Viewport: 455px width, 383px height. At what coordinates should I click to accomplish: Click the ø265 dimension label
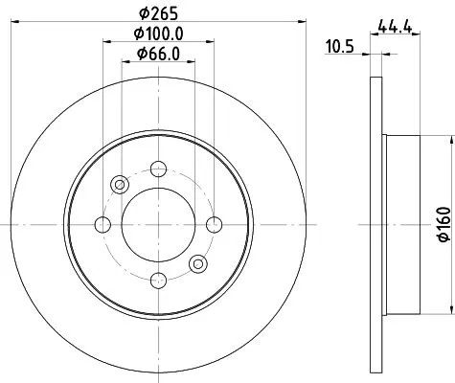point(156,12)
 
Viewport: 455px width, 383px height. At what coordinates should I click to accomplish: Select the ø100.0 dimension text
point(156,34)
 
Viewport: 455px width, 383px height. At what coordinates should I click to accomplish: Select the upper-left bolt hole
point(120,184)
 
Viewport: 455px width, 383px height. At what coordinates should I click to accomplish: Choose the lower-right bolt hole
point(197,262)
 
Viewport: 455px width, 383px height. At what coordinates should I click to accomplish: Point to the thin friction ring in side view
point(375,115)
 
